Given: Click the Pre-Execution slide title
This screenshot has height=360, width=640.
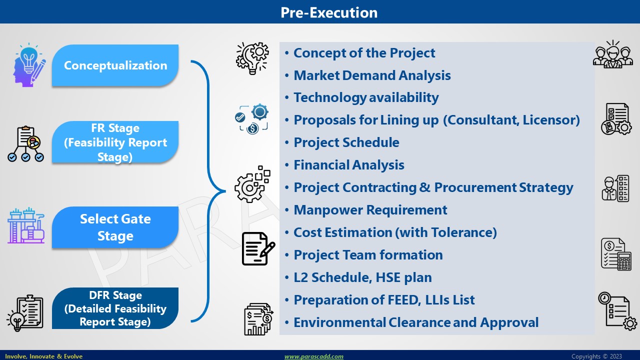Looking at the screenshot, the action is [329, 12].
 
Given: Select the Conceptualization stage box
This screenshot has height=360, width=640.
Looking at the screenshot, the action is [115, 65].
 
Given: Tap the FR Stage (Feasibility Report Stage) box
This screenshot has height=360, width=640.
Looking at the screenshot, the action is [115, 142].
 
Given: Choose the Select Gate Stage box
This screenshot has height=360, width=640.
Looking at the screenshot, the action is [115, 227].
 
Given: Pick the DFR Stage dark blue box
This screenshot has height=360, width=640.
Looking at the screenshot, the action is [115, 308].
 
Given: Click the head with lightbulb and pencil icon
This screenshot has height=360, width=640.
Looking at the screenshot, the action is [29, 65].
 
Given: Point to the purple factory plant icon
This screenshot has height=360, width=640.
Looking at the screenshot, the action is [26, 225].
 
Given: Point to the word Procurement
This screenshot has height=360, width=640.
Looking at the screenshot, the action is [475, 187].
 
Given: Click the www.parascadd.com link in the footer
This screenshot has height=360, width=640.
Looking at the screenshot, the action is [313, 356].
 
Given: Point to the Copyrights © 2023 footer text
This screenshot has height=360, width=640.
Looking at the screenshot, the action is [596, 356].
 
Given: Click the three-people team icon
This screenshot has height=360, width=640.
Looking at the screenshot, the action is [613, 54].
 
